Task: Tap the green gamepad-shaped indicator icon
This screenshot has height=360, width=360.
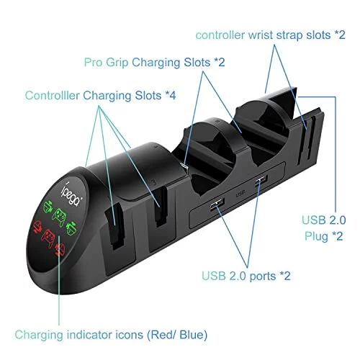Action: coord(59,217)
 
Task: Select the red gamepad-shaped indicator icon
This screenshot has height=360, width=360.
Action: coord(48,238)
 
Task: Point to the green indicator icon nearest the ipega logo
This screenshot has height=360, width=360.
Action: coord(48,207)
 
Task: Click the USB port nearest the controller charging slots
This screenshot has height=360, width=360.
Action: coord(217,204)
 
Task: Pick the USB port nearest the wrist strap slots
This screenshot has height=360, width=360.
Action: coord(261,180)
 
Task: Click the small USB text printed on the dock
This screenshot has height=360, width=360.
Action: coord(240,193)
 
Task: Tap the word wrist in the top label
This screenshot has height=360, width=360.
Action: coord(261,35)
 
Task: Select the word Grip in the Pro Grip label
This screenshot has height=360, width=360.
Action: coord(117,63)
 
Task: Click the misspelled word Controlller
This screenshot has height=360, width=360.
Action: coord(52,95)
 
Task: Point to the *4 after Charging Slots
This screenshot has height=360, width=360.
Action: coord(170,96)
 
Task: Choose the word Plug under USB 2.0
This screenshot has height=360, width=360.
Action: coord(316,236)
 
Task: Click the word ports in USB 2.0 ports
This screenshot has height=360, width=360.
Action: coord(263,276)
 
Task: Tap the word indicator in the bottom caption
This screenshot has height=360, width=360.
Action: coord(90,335)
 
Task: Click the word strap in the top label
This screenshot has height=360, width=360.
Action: coord(289,35)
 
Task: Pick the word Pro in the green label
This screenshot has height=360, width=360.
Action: coord(94,63)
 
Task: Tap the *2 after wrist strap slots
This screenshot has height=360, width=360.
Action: coord(340,35)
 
